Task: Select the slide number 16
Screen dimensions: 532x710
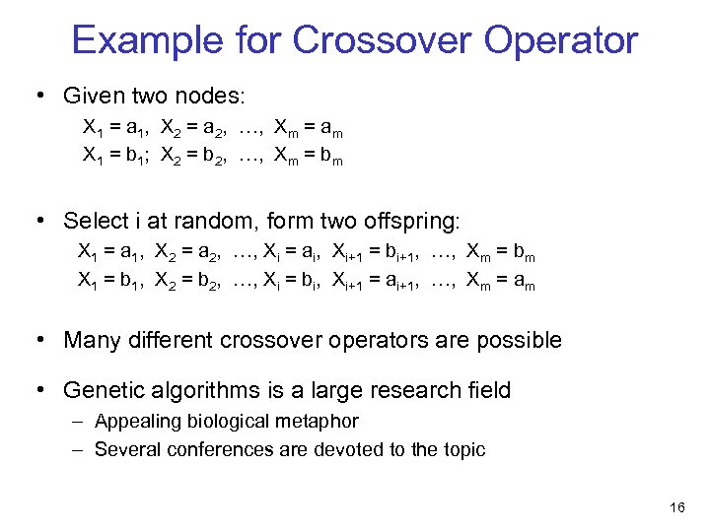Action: pos(676,507)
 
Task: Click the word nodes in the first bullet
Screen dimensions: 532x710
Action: pos(218,96)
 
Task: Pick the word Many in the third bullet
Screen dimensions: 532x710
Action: pos(92,341)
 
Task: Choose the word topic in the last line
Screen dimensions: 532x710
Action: pos(462,450)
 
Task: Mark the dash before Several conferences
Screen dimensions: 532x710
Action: pos(76,450)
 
